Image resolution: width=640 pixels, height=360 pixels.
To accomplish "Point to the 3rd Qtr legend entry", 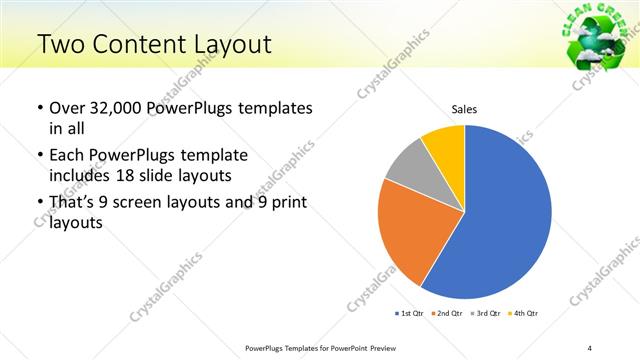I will point(487,313).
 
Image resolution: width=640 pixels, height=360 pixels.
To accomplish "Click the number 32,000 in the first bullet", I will point(115,108).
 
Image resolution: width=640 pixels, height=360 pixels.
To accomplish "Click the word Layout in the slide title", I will point(231,44).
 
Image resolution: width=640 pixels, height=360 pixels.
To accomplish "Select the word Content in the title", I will point(146,44).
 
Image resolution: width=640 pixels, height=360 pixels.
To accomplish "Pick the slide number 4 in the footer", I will point(590,347).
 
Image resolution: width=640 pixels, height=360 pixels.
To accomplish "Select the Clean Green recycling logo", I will point(596,35).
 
